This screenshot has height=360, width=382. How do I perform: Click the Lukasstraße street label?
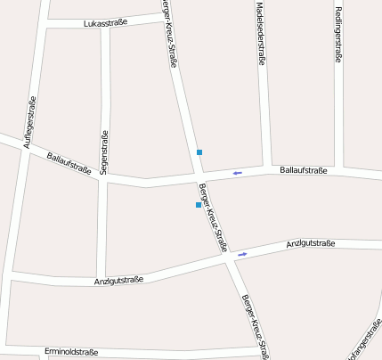105,23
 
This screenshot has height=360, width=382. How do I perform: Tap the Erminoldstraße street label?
70,351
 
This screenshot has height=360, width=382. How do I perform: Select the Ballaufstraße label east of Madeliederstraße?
303,169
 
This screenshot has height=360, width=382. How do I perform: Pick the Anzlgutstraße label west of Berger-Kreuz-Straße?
118,281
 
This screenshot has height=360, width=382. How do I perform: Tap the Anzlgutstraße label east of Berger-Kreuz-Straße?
310,243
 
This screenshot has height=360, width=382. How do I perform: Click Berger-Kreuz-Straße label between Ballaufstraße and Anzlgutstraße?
215,217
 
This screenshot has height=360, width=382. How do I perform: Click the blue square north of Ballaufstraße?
199,152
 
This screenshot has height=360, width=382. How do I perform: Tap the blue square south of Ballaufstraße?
198,205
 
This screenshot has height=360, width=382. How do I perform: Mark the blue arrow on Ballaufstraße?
237,173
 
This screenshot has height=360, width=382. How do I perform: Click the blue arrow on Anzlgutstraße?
242,254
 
